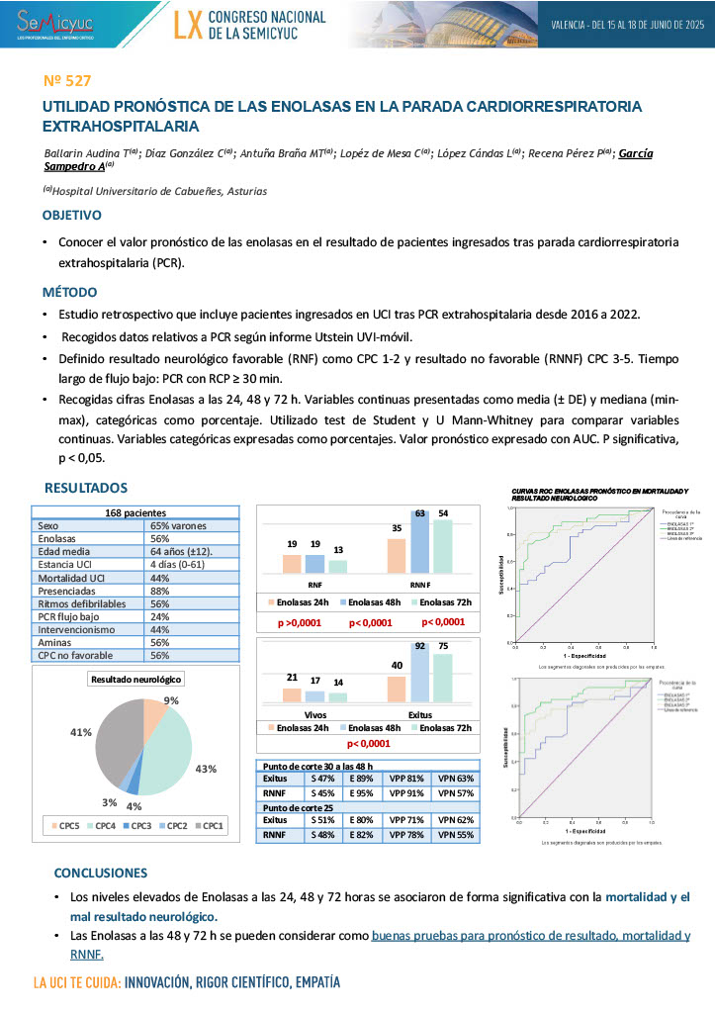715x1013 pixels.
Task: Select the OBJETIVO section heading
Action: [71, 215]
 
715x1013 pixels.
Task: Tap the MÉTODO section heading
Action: [69, 292]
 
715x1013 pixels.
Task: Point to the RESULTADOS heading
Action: [86, 488]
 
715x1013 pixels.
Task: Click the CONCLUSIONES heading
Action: [100, 873]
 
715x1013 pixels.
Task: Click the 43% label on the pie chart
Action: [206, 769]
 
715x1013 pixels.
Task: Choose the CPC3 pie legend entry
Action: [137, 825]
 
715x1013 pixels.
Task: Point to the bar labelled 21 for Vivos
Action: [292, 694]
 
